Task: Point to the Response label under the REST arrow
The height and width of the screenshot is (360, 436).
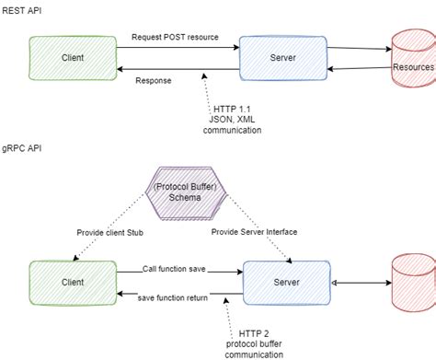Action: (153, 80)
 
